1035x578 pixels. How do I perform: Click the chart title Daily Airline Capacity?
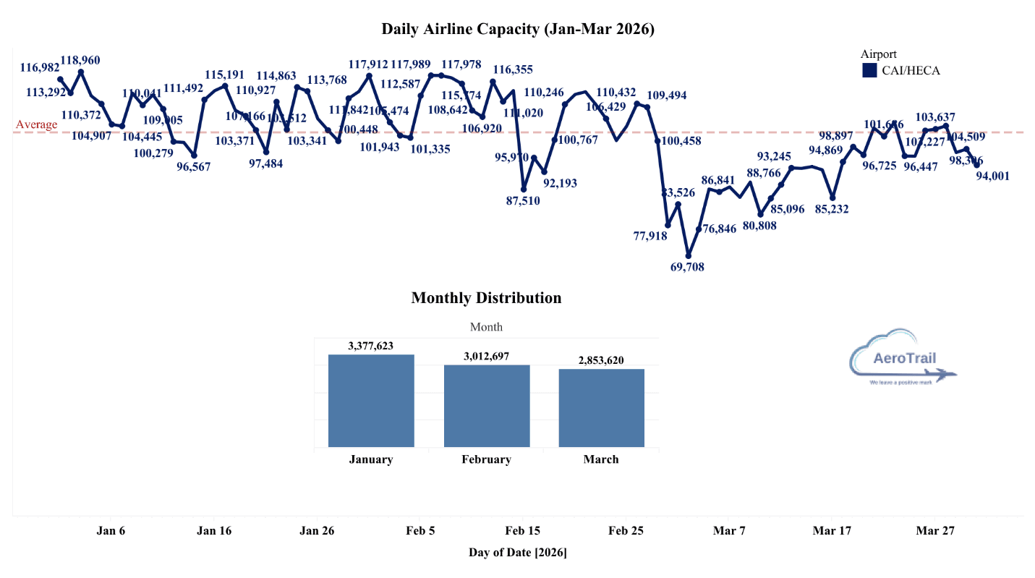(518, 30)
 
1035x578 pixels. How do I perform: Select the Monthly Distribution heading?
(486, 298)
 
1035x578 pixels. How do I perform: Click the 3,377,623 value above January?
(370, 346)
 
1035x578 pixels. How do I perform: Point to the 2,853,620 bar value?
(601, 360)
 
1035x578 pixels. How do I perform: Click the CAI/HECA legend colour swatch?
(869, 70)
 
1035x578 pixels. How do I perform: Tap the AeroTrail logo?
(904, 358)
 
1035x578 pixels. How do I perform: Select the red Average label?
(36, 124)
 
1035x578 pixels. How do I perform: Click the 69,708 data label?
(688, 267)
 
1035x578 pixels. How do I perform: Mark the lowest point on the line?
(688, 255)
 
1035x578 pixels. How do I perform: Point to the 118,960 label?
(80, 60)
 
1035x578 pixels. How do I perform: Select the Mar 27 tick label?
(935, 530)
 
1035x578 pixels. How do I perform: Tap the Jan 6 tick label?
(111, 530)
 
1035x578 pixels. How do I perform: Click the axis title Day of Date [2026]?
(518, 553)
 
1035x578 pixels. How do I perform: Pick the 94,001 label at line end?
(993, 176)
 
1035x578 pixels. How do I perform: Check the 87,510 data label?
(522, 201)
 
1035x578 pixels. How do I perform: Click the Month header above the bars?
(486, 327)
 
